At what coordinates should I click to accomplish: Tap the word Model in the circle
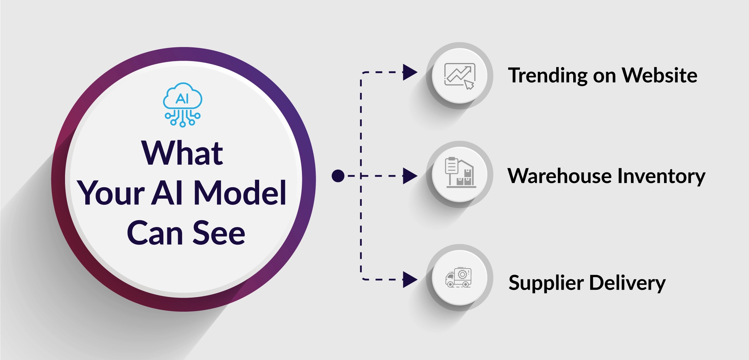[240, 193]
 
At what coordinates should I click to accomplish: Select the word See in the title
[219, 233]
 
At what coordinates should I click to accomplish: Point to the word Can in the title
[155, 233]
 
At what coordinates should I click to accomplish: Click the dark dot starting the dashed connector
[338, 176]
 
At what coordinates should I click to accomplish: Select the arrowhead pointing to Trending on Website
[410, 72]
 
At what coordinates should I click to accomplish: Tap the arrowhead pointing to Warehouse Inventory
[410, 176]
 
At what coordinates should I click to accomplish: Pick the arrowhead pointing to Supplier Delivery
[410, 280]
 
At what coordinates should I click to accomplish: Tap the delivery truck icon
[458, 278]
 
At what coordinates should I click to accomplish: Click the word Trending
[547, 76]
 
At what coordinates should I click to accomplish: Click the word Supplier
[546, 283]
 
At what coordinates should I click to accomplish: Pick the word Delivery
[627, 283]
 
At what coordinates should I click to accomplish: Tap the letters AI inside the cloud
[182, 98]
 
